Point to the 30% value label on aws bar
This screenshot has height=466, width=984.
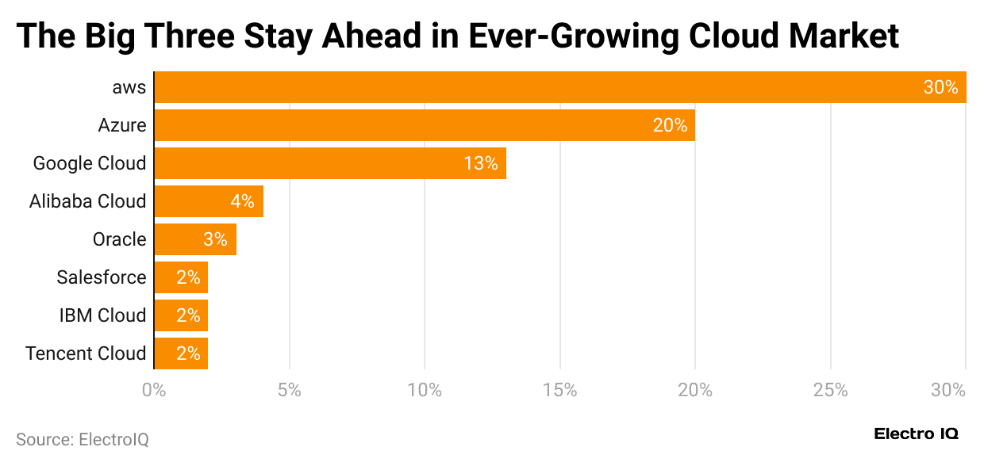[x=940, y=87]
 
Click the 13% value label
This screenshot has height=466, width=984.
[x=481, y=163]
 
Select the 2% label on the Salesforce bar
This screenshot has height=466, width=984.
[x=188, y=277]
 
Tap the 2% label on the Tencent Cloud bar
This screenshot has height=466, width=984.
[x=188, y=353]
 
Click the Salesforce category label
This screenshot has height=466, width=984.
[x=102, y=277]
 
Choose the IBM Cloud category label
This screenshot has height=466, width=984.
[x=102, y=315]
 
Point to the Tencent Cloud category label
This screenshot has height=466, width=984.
[x=86, y=353]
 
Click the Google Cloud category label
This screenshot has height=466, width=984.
[x=90, y=163]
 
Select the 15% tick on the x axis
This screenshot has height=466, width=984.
[x=560, y=391]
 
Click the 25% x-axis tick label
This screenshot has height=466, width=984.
[x=830, y=391]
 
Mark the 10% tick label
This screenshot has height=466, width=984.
[x=425, y=391]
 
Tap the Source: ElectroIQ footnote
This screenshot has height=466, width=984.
[x=83, y=439]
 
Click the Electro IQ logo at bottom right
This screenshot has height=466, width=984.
[x=916, y=434]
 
